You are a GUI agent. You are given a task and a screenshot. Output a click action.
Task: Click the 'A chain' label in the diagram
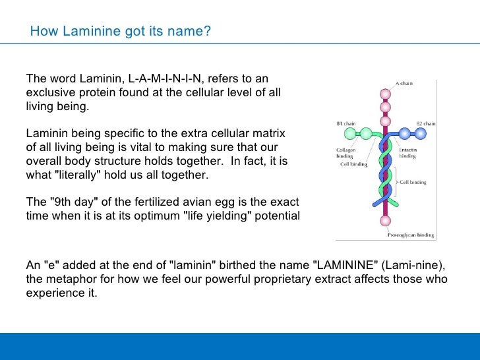404,84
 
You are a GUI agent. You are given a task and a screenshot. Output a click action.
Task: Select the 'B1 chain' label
347,123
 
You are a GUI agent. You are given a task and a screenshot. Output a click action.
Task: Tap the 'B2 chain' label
425,123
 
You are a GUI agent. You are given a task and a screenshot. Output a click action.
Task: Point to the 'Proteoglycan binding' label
409,234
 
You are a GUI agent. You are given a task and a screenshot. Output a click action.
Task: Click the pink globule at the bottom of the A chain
385,221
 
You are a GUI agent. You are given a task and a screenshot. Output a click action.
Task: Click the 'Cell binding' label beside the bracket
413,181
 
